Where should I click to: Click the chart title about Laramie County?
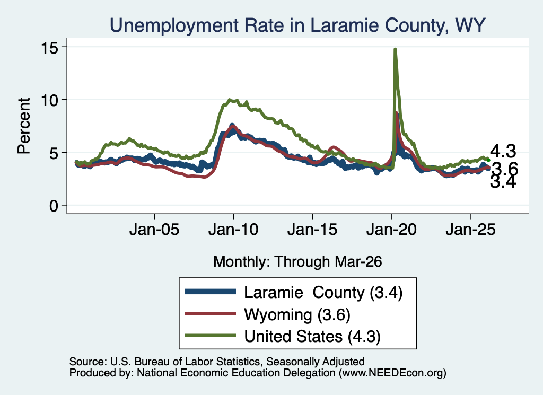(x=297, y=25)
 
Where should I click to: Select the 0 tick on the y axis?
(x=54, y=206)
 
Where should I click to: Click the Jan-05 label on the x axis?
(x=154, y=229)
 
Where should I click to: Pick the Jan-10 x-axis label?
(x=233, y=229)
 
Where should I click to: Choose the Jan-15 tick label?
(x=312, y=229)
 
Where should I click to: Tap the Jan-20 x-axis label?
(x=392, y=229)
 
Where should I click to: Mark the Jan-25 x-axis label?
(x=471, y=229)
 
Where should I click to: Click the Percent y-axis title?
(x=24, y=126)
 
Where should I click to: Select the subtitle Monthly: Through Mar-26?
(x=297, y=262)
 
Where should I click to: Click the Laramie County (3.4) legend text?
(x=323, y=293)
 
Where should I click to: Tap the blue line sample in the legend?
(x=210, y=292)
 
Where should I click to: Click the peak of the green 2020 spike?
(x=395, y=49)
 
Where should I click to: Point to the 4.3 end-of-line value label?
(x=503, y=151)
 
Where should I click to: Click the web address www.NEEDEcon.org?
(x=392, y=373)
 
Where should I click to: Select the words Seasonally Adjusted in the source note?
(x=316, y=362)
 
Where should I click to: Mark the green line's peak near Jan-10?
(x=230, y=100)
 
